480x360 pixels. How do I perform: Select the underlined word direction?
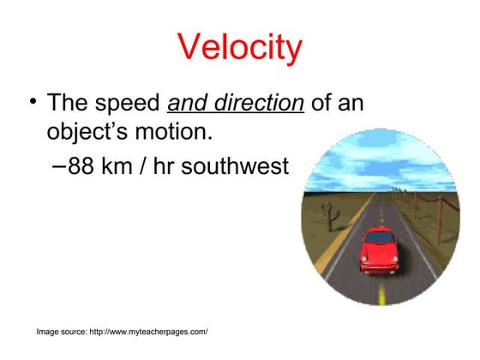click(261, 104)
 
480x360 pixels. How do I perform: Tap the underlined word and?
click(191, 104)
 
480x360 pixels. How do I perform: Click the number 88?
click(81, 165)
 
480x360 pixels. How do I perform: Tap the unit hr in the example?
click(166, 165)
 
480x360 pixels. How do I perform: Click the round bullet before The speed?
click(33, 104)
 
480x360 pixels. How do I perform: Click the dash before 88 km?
click(57, 165)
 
